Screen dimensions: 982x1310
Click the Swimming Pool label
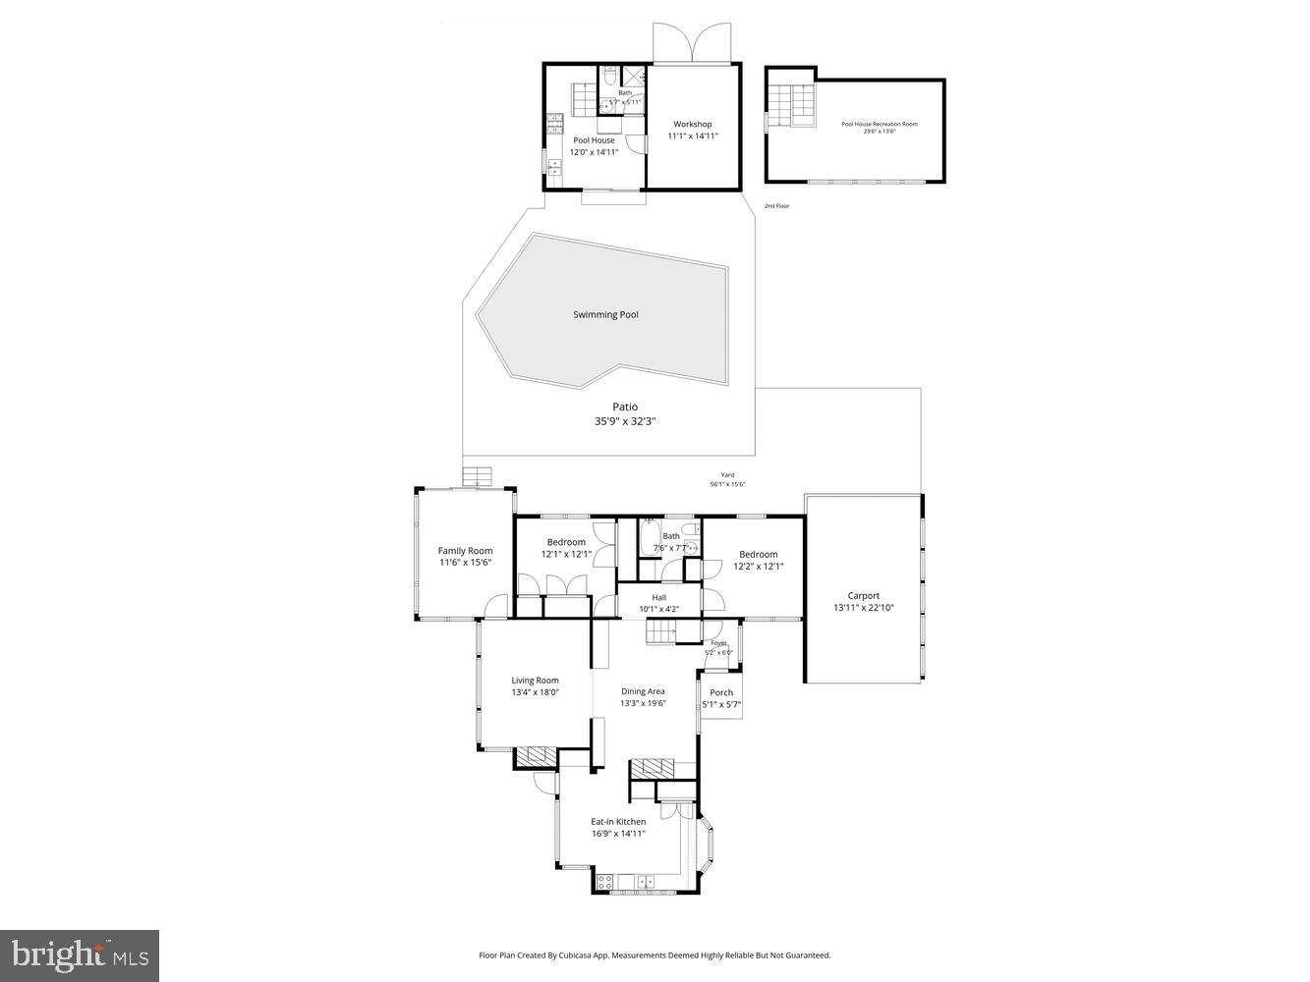(605, 315)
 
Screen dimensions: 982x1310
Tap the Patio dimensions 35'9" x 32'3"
(625, 421)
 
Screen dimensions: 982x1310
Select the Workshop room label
(692, 125)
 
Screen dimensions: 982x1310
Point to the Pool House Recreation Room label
(879, 125)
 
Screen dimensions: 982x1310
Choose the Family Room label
(465, 551)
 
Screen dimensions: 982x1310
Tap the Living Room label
(535, 681)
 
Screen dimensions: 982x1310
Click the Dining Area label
(643, 691)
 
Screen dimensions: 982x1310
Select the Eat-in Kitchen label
(618, 822)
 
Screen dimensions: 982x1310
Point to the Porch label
(721, 692)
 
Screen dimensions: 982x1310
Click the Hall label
(658, 597)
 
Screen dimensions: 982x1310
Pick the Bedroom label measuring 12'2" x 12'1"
(758, 555)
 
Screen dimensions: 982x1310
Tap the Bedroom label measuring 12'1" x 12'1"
(566, 542)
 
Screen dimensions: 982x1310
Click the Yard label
(727, 475)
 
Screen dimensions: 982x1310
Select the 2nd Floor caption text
(776, 206)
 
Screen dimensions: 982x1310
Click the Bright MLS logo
(80, 955)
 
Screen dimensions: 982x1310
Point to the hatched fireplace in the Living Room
(536, 756)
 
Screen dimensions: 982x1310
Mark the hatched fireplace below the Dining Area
(652, 768)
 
